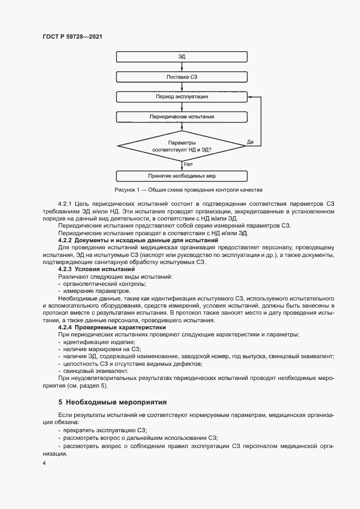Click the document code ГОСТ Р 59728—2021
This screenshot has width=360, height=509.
point(72,36)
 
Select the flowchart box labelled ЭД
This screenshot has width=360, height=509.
point(182,57)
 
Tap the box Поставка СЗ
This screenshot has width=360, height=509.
point(182,77)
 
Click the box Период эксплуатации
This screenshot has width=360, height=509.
point(182,97)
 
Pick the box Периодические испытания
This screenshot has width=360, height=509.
point(182,117)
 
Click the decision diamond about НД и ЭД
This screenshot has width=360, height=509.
point(182,145)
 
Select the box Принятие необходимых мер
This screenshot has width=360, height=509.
point(182,176)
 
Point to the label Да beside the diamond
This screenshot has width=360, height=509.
point(251,142)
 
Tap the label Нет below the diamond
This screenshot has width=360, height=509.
point(188,164)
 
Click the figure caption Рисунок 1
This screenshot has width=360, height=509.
point(188,190)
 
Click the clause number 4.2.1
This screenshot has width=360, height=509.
point(67,204)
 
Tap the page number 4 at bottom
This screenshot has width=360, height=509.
point(45,463)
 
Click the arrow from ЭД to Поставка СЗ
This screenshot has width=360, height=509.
point(182,67)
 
